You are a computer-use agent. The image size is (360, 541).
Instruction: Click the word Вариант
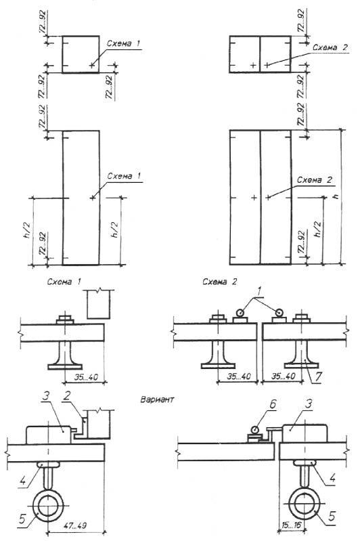[x=157, y=399]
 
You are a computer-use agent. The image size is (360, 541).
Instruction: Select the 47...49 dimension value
[x=75, y=526]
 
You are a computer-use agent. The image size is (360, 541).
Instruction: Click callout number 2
[x=66, y=396]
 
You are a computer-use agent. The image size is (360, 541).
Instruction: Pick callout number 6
[x=273, y=405]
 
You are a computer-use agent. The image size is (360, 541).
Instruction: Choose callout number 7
[x=318, y=377]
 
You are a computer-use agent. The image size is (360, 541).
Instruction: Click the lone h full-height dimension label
[x=336, y=196]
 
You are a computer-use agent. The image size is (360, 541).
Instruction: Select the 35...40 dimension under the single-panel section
[x=86, y=377]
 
